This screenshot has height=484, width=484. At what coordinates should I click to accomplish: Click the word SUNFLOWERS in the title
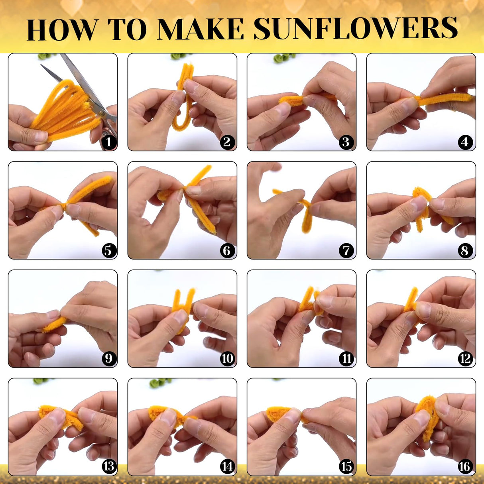[356, 29]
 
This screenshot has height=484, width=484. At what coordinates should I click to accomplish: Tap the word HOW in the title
[62, 30]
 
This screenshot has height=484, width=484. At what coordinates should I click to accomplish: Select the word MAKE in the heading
[201, 29]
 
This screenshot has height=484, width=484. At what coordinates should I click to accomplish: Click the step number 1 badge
[108, 142]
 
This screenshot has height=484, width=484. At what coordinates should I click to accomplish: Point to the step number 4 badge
[465, 142]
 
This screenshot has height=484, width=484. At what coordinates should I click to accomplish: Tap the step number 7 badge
[346, 250]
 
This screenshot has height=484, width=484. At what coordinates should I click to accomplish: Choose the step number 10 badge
[227, 358]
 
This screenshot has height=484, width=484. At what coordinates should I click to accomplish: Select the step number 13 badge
[108, 466]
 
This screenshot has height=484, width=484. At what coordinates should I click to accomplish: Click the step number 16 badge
[465, 466]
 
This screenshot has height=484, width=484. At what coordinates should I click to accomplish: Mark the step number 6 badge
[227, 250]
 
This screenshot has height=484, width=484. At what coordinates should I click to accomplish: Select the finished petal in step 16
[427, 415]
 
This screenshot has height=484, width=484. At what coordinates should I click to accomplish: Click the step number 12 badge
[465, 358]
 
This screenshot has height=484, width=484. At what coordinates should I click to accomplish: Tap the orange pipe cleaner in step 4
[443, 99]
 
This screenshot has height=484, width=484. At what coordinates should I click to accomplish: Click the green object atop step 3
[283, 59]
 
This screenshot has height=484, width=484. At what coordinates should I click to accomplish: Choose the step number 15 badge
[346, 466]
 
